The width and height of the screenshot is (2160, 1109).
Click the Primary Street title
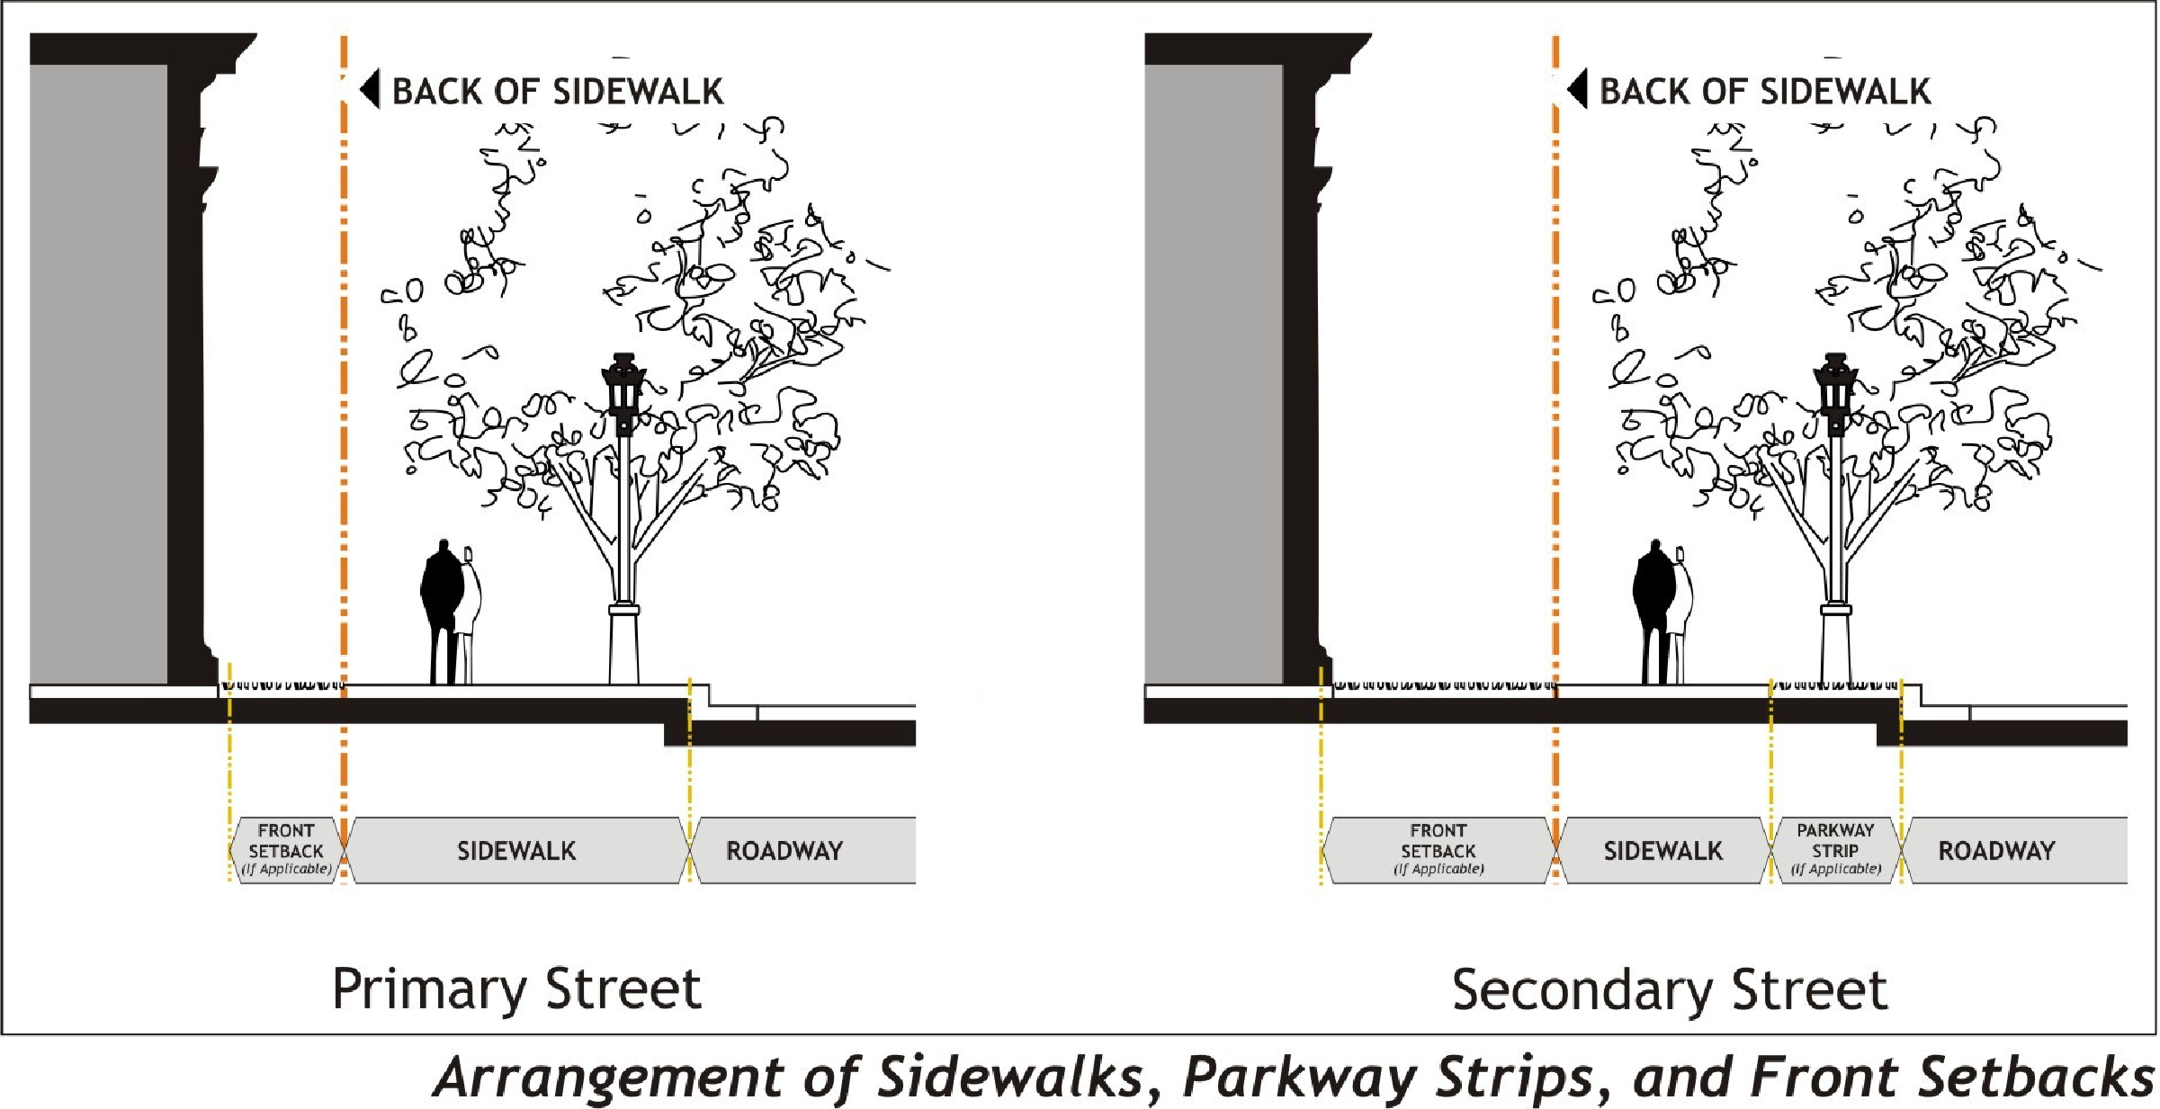pyautogui.click(x=516, y=989)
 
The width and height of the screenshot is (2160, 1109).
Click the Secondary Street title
pyautogui.click(x=1669, y=990)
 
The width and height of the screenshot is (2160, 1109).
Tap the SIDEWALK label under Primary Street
pyautogui.click(x=516, y=851)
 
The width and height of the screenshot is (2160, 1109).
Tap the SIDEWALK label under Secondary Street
pyautogui.click(x=1663, y=851)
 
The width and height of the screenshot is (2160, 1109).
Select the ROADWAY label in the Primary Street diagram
pyautogui.click(x=784, y=851)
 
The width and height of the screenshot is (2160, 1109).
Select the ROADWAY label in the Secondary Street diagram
pyautogui.click(x=1996, y=851)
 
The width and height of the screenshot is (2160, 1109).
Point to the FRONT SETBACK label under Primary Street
pyautogui.click(x=286, y=841)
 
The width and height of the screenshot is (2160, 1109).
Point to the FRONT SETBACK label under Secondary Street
pyautogui.click(x=1438, y=841)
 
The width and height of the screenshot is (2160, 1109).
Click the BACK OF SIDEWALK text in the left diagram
pyautogui.click(x=558, y=91)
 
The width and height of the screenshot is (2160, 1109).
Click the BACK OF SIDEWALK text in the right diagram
pyautogui.click(x=1765, y=91)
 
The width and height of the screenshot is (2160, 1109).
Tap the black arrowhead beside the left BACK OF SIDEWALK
pyautogui.click(x=370, y=89)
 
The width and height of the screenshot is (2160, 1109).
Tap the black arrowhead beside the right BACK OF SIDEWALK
pyautogui.click(x=1577, y=89)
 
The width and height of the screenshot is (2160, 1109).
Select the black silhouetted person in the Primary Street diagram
pyautogui.click(x=441, y=603)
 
